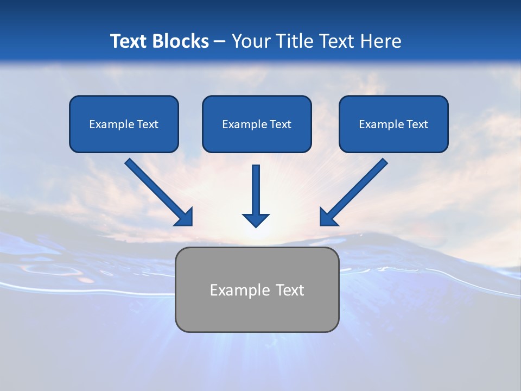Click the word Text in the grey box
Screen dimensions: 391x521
290,290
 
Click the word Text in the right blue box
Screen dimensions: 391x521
417,124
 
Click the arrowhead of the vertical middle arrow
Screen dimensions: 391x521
256,219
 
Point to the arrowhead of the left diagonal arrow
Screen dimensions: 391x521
185,217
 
